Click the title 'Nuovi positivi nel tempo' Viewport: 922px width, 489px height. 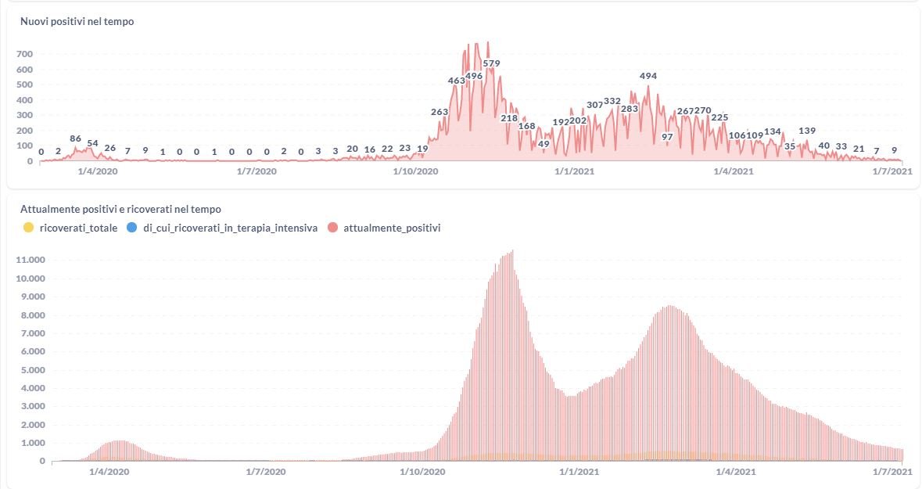77,22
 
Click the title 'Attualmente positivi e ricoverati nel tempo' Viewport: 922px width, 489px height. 120,210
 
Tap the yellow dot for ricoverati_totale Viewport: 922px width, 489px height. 29,228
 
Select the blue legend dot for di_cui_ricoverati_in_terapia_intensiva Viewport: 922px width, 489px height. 132,228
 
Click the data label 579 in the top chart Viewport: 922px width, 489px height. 491,63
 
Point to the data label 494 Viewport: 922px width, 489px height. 648,76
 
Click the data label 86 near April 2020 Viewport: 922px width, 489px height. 76,138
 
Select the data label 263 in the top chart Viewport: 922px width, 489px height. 439,112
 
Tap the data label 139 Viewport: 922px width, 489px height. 808,131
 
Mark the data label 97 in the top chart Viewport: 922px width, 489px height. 667,137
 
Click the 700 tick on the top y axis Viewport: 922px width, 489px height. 24,54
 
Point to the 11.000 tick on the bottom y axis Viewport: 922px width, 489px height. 31,260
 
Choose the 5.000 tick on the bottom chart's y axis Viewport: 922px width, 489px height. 31,370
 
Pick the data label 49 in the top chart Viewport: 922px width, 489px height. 544,144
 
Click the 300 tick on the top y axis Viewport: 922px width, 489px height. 24,115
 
